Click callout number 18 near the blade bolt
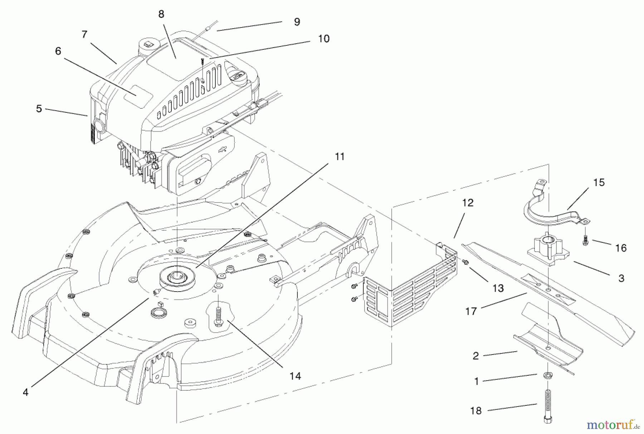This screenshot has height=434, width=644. tap(476, 411)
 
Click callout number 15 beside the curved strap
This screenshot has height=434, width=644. tap(599, 182)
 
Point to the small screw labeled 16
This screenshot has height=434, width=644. tap(585, 241)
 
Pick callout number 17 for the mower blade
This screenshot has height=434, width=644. tap(471, 311)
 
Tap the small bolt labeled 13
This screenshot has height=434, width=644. tap(466, 262)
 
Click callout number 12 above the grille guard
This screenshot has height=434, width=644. tap(468, 203)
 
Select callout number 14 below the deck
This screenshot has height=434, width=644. tap(295, 376)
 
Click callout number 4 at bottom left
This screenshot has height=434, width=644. tap(25, 392)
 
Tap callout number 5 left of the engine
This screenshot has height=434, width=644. tap(39, 108)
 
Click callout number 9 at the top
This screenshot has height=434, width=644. tap(297, 22)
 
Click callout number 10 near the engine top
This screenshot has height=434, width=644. tap(323, 39)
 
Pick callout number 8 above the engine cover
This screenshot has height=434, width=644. tap(161, 14)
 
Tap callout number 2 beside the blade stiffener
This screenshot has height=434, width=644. tap(475, 356)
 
